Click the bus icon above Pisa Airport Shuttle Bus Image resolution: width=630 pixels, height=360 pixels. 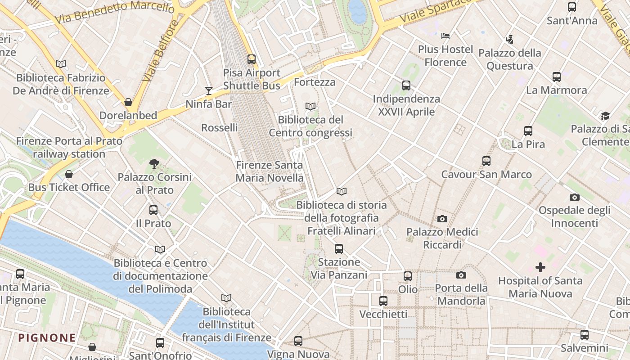(252, 59)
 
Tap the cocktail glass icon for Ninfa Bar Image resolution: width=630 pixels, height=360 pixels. (208, 91)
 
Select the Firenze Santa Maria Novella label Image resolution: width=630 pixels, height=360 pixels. (270, 171)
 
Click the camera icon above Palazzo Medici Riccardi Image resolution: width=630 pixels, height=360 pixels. (442, 219)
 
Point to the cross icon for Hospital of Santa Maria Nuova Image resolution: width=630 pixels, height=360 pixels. (540, 267)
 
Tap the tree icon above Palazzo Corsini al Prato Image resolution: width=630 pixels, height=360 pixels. (154, 164)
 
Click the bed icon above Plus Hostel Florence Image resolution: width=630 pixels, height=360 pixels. (445, 36)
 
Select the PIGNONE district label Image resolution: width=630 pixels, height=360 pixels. (47, 337)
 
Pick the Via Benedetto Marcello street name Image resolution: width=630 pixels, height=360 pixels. (114, 12)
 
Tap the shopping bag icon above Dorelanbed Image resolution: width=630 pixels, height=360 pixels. (128, 102)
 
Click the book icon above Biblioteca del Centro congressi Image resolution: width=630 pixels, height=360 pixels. (310, 106)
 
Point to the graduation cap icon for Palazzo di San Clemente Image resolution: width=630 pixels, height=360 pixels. (605, 116)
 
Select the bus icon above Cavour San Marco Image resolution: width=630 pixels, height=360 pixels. (486, 161)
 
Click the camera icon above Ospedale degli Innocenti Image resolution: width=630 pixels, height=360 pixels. (575, 197)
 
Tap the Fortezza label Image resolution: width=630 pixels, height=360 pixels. (315, 82)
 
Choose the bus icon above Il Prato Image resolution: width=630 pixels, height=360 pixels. (153, 210)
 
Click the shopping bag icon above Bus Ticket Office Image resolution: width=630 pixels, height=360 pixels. (69, 174)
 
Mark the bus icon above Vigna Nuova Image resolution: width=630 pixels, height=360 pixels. (298, 341)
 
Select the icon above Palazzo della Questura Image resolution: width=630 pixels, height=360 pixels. (509, 40)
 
